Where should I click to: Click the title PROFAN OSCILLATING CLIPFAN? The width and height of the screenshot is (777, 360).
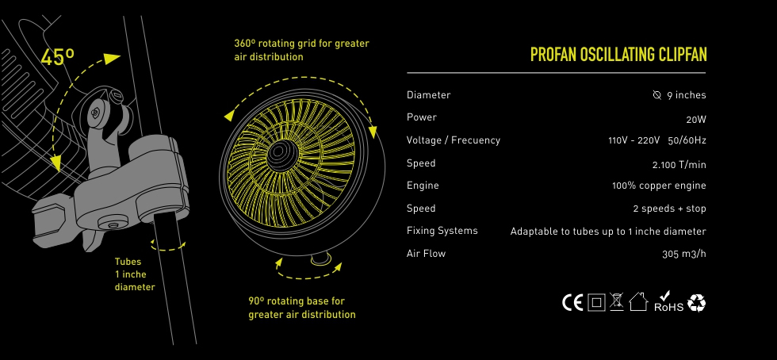[618, 54]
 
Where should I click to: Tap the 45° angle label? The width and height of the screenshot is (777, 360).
[57, 58]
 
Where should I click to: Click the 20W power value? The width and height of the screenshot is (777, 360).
[696, 120]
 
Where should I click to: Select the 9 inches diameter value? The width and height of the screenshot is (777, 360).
[687, 95]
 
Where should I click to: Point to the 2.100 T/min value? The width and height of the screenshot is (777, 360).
[679, 165]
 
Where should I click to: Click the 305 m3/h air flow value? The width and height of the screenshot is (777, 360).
[683, 254]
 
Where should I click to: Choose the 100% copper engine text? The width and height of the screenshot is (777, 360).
[659, 186]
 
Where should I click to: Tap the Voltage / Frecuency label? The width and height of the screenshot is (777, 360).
[454, 140]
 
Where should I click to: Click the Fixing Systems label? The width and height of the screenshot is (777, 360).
[442, 231]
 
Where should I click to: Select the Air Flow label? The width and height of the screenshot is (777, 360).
[427, 254]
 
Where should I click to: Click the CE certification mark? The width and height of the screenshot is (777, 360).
[572, 302]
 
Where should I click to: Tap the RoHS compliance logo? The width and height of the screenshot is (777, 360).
[668, 302]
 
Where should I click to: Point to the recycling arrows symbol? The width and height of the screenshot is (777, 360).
[697, 303]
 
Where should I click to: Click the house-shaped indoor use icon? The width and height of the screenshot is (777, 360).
[638, 301]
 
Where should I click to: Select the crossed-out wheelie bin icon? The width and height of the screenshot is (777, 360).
[617, 302]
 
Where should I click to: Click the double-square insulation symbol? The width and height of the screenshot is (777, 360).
[596, 302]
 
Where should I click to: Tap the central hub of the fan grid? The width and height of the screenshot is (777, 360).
[279, 151]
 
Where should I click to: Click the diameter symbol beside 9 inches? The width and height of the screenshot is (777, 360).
[657, 94]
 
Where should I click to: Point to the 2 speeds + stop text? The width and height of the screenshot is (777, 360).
[669, 209]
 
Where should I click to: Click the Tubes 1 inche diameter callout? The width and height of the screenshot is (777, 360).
[135, 274]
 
